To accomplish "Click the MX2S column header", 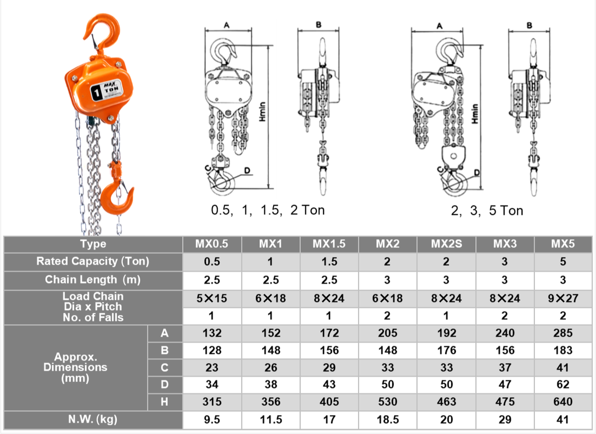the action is click(447, 244).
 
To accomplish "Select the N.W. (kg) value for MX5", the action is click(563, 420).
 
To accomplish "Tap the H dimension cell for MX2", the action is click(388, 402).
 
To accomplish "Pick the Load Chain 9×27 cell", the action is click(563, 298).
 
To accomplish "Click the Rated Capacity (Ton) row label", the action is click(93, 261).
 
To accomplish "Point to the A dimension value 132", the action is click(212, 333).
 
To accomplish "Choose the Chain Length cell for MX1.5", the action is click(329, 280).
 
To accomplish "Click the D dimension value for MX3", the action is click(505, 384).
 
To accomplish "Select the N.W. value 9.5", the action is click(212, 420).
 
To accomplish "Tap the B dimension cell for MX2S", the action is click(447, 350).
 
